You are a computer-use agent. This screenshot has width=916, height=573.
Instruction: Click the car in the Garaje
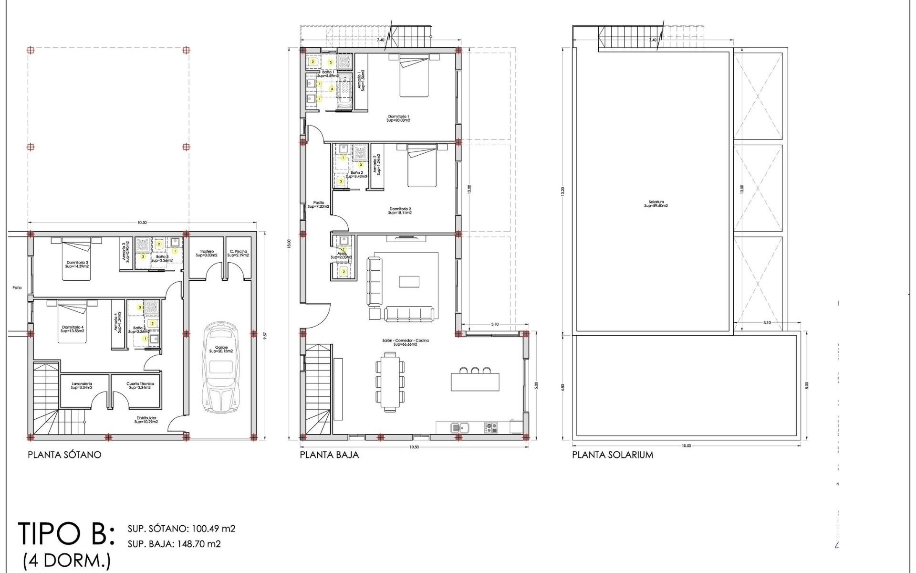tap(221, 368)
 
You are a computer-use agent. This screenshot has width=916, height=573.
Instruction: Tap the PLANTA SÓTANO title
tap(64, 455)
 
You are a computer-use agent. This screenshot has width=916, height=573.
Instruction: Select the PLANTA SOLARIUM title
tap(613, 455)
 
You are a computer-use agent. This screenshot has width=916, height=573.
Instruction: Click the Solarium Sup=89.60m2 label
tap(656, 204)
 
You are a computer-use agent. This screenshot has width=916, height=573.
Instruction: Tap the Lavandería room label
tap(82, 385)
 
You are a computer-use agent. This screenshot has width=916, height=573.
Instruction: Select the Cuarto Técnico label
tap(140, 385)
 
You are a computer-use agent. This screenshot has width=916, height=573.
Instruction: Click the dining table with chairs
tap(390, 382)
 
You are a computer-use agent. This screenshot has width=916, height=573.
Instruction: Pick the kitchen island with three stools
tap(475, 381)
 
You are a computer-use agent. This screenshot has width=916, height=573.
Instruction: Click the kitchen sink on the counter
tap(460, 427)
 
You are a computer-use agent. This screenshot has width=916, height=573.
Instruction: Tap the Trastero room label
tap(207, 253)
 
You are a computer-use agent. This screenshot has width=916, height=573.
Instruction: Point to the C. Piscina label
tap(238, 253)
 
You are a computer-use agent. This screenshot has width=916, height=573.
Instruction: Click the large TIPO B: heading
tap(66, 533)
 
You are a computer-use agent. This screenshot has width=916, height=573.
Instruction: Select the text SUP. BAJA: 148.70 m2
tap(174, 544)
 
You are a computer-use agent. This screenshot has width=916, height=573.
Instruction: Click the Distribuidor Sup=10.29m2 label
tap(146, 420)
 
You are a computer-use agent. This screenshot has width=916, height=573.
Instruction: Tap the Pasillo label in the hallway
tap(318, 204)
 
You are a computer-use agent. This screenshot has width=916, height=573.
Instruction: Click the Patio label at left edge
tap(17, 288)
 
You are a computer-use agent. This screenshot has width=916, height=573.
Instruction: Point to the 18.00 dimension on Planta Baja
tap(289, 244)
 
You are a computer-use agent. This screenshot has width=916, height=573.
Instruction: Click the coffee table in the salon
tap(409, 281)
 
